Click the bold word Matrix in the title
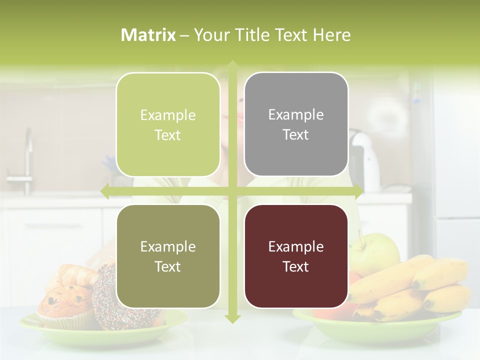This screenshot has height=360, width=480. [x=148, y=35]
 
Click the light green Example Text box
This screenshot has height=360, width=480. [x=168, y=125]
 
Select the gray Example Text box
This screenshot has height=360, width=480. [x=296, y=124]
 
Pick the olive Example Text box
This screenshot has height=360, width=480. [x=168, y=256]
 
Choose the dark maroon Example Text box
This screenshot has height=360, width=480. [x=296, y=256]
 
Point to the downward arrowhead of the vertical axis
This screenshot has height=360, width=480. [x=232, y=318]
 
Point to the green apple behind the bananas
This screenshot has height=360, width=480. [x=375, y=250]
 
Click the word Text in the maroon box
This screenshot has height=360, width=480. [x=296, y=266]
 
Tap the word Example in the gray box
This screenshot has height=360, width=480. [x=296, y=114]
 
